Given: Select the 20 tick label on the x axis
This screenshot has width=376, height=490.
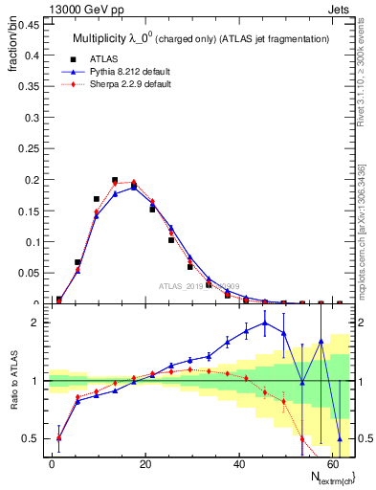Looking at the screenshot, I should (x=145, y=463).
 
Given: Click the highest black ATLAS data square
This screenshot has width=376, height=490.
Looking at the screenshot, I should (x=115, y=180).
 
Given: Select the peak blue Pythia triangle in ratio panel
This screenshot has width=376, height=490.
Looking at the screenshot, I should (x=265, y=323).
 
